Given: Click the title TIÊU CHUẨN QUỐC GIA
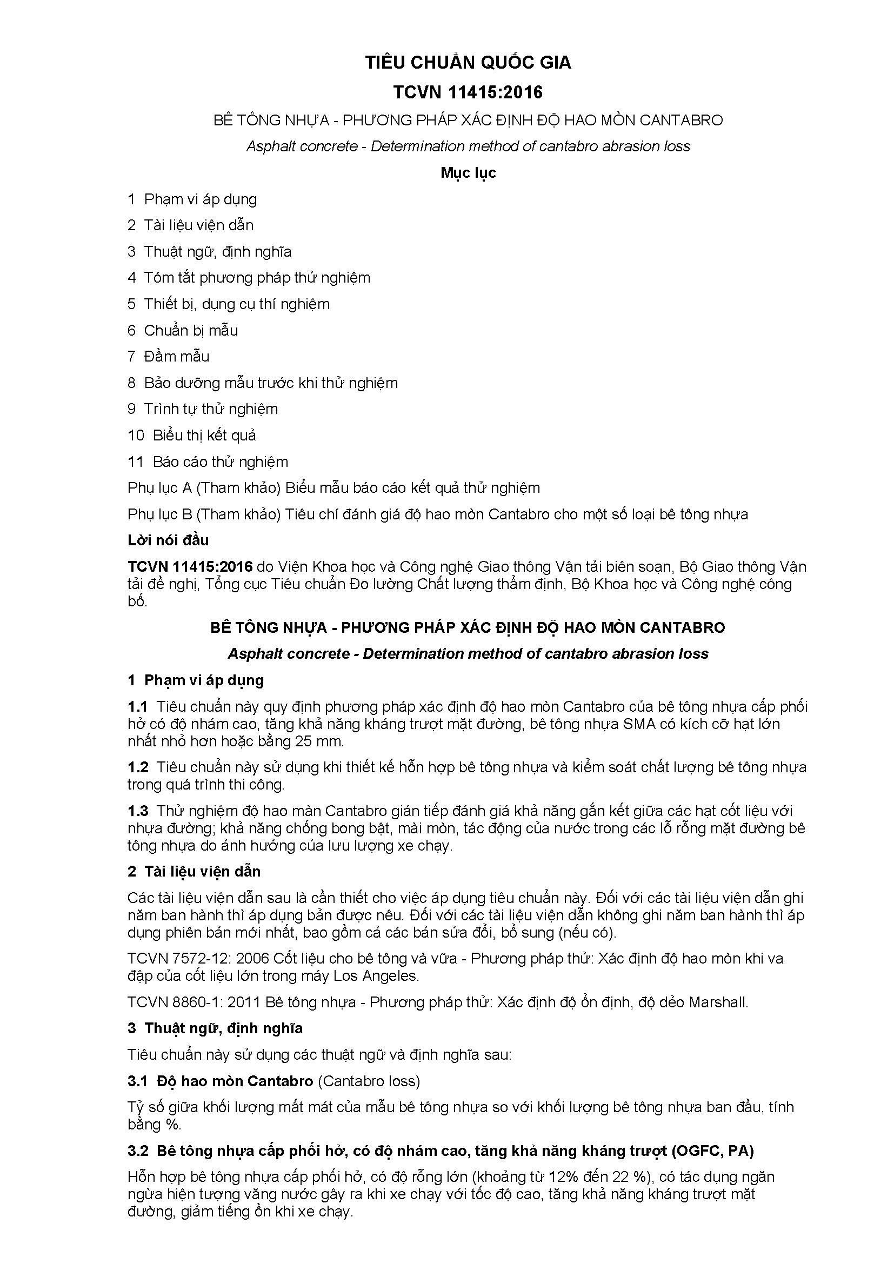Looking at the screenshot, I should click(468, 63).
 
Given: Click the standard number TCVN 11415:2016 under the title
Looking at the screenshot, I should click(468, 92).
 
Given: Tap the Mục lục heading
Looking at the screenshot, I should click(468, 173).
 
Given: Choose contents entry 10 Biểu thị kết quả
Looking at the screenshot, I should click(191, 435).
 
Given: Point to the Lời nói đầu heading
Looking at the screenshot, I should click(168, 540).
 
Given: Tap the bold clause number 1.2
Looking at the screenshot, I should click(138, 767).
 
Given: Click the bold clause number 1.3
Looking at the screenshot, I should click(138, 811).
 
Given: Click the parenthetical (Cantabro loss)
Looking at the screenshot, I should click(369, 1081).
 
